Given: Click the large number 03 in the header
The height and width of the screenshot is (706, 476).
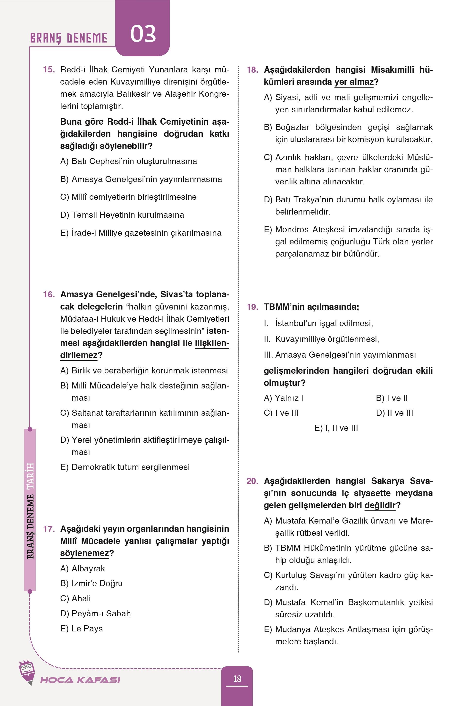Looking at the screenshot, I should [143, 34].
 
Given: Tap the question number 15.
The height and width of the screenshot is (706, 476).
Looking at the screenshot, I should [49, 69].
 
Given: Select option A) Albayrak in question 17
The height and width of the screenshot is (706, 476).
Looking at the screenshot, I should [83, 568].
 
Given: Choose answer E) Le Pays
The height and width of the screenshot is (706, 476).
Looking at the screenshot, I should [81, 629].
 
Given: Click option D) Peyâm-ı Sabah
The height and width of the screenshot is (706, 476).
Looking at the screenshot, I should [95, 613].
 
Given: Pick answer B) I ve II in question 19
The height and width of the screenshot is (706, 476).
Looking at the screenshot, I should [392, 398].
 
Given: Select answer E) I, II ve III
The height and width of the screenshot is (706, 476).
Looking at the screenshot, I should [336, 428].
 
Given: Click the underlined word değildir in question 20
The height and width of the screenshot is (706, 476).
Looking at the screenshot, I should [380, 505].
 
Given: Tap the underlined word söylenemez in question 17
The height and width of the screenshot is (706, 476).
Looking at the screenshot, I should [84, 553].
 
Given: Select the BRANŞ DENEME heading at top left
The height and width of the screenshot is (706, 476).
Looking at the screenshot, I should [69, 38].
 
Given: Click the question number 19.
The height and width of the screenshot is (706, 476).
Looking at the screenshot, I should [252, 307].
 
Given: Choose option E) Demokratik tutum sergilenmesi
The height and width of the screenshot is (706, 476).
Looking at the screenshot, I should [125, 467].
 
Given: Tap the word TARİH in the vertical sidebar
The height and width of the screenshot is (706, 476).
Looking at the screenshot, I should [30, 475].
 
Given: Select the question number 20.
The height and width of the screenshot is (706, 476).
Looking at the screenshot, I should [252, 481].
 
